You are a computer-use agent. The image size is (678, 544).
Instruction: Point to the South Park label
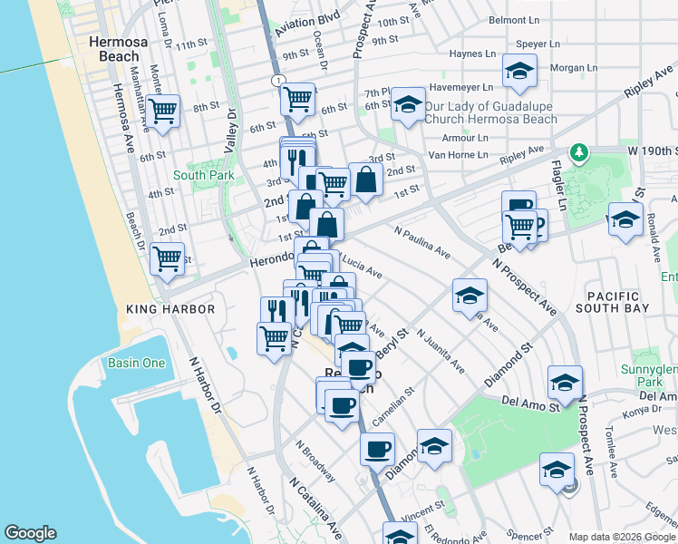[198, 175]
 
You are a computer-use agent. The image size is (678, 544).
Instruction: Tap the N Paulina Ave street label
[421, 240]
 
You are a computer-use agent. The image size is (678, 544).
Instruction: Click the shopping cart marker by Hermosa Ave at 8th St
[163, 112]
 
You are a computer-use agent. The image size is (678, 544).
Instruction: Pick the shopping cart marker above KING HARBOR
[167, 259]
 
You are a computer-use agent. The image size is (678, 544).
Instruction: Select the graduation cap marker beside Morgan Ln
[519, 72]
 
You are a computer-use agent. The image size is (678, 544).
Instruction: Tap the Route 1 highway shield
[273, 81]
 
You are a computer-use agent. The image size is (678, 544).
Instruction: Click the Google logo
[30, 533]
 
